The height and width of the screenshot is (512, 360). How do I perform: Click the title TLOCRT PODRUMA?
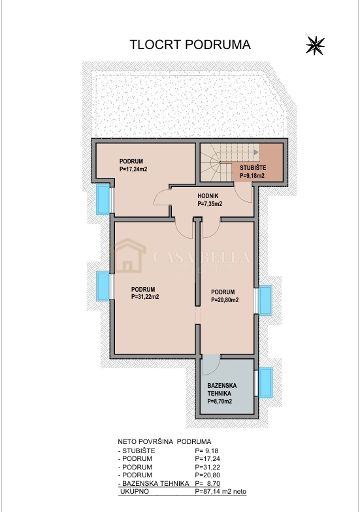pyautogui.click(x=190, y=44)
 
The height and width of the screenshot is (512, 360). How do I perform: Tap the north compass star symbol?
pyautogui.click(x=315, y=45)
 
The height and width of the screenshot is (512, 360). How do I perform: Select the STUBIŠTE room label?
pyautogui.click(x=253, y=168)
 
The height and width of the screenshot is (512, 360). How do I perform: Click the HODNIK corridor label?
pyautogui.click(x=208, y=196)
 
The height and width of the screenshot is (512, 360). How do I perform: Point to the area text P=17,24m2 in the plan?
pyautogui.click(x=133, y=169)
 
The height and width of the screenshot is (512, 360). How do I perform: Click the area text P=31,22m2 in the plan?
pyautogui.click(x=145, y=297)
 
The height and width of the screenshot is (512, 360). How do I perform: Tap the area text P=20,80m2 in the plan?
pyautogui.click(x=225, y=299)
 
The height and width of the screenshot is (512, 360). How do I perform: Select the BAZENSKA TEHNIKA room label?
pyautogui.click(x=222, y=389)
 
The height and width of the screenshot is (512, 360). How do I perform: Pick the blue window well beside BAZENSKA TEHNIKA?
pyautogui.click(x=266, y=383)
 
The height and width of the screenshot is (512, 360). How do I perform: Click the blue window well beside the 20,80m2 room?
pyautogui.click(x=265, y=300)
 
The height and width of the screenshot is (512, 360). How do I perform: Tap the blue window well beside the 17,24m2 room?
pyautogui.click(x=103, y=199)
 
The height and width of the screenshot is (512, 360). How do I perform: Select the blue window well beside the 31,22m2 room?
pyautogui.click(x=103, y=286)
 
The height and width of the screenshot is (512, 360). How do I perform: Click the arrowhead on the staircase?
pyautogui.click(x=257, y=152)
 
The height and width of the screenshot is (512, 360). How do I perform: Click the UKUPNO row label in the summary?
pyautogui.click(x=135, y=492)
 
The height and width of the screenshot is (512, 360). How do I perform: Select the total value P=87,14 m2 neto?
pyautogui.click(x=221, y=492)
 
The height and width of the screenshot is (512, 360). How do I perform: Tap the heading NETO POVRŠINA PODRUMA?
pyautogui.click(x=165, y=442)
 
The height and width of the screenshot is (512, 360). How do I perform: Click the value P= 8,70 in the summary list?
pyautogui.click(x=208, y=483)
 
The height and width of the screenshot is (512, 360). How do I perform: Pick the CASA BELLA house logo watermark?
pyautogui.click(x=128, y=256)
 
